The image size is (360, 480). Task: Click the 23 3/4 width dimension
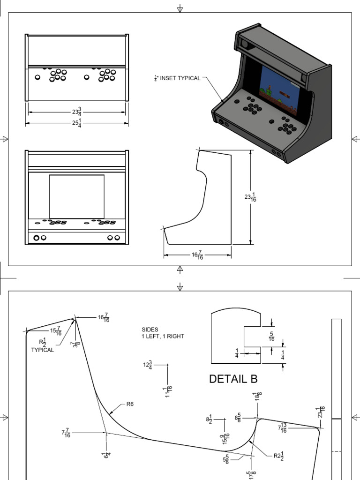point(76,112)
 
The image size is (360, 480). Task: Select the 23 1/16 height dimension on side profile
point(250,197)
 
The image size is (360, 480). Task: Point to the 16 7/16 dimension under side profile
point(197,255)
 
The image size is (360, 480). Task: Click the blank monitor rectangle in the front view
point(76,196)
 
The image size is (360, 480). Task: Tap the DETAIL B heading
point(233,379)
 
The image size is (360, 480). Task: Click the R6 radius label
point(130,404)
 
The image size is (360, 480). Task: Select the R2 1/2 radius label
point(279,457)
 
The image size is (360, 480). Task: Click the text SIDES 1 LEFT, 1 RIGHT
point(163,333)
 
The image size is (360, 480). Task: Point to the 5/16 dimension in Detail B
point(271,337)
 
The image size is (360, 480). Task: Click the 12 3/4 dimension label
point(148,365)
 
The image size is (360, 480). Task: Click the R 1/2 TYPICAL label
point(43,345)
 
